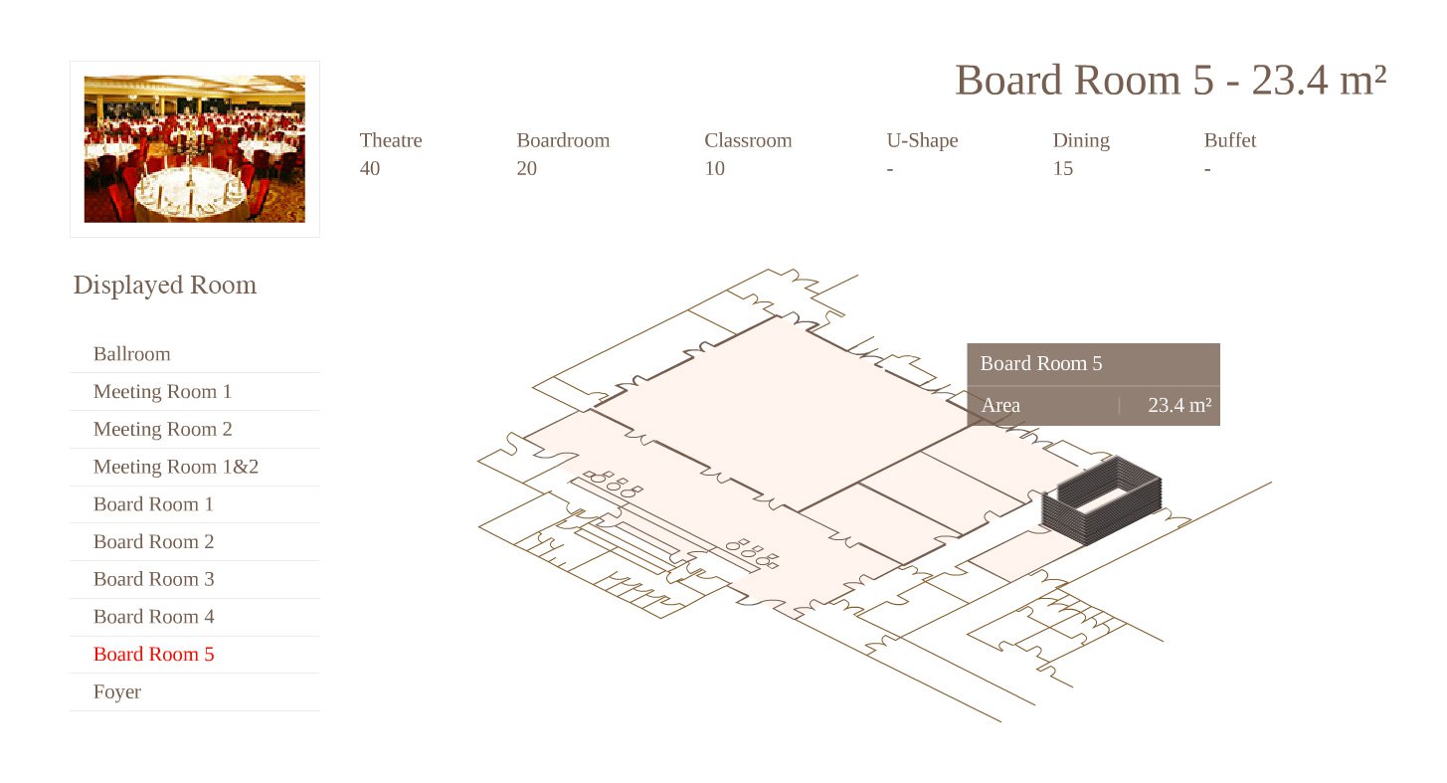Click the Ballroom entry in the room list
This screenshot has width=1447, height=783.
click(132, 354)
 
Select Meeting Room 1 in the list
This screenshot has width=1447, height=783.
click(162, 392)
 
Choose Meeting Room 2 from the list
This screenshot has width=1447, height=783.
click(162, 429)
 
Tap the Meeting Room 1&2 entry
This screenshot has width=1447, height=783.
click(176, 467)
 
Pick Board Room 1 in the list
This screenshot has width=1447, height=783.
click(153, 503)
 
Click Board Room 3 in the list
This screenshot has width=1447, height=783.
click(153, 579)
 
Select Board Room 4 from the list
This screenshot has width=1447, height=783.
click(153, 616)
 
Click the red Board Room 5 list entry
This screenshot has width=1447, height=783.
click(153, 654)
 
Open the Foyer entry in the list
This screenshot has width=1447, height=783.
click(117, 691)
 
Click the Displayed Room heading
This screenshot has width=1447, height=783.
click(165, 285)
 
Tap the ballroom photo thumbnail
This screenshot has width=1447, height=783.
click(195, 149)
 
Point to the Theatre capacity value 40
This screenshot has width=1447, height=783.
click(370, 168)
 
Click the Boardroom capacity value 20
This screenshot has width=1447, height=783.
click(526, 168)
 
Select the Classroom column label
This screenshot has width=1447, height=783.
click(748, 140)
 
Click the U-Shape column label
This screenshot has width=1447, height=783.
click(922, 141)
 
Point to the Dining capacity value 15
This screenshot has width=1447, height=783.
click(1063, 168)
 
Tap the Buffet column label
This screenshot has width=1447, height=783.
click(1230, 140)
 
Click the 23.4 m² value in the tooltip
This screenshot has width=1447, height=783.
click(1179, 405)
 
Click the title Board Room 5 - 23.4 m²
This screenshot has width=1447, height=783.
click(1171, 81)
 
